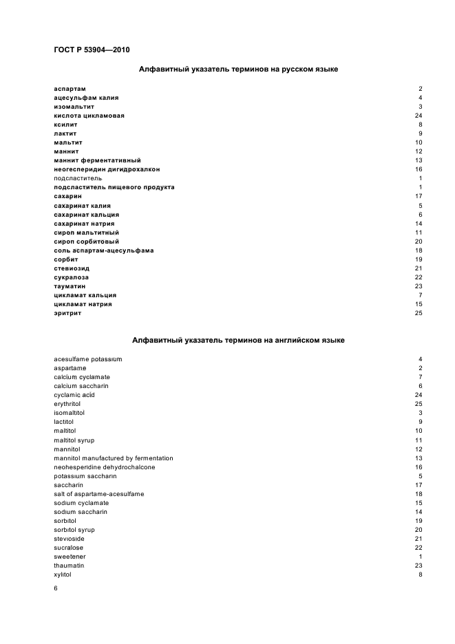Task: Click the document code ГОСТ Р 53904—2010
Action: (x=92, y=50)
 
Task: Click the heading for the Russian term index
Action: (x=238, y=69)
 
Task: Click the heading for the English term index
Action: (x=238, y=340)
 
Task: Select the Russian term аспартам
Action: (x=70, y=89)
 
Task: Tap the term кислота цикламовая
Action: (x=89, y=116)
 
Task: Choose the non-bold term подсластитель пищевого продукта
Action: (x=114, y=187)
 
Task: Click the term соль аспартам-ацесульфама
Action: (x=103, y=250)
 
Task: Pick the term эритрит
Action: (x=67, y=313)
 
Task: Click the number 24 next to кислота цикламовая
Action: (x=418, y=116)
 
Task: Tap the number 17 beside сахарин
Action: (x=418, y=196)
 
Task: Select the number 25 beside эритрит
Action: (x=418, y=313)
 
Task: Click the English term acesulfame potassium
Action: (x=88, y=359)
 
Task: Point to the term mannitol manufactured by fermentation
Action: (x=114, y=458)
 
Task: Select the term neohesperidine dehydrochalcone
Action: (x=105, y=467)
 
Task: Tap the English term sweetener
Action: (x=70, y=556)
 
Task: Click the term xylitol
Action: (x=63, y=574)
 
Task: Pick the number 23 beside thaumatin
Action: (x=418, y=565)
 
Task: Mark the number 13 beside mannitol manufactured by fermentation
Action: (x=418, y=458)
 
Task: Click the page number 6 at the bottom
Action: (x=56, y=589)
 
